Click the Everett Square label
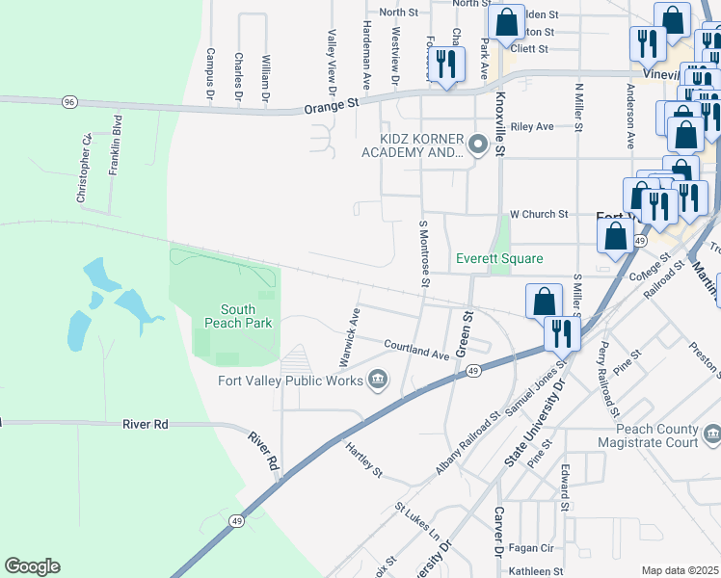pos(499,258)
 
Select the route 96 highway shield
pos(68,101)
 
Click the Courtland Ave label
pos(416,349)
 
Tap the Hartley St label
pos(364,460)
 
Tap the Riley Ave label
pos(532,126)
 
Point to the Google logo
pos(32,566)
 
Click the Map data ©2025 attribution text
pos(680,570)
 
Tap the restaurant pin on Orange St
pos(445,64)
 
